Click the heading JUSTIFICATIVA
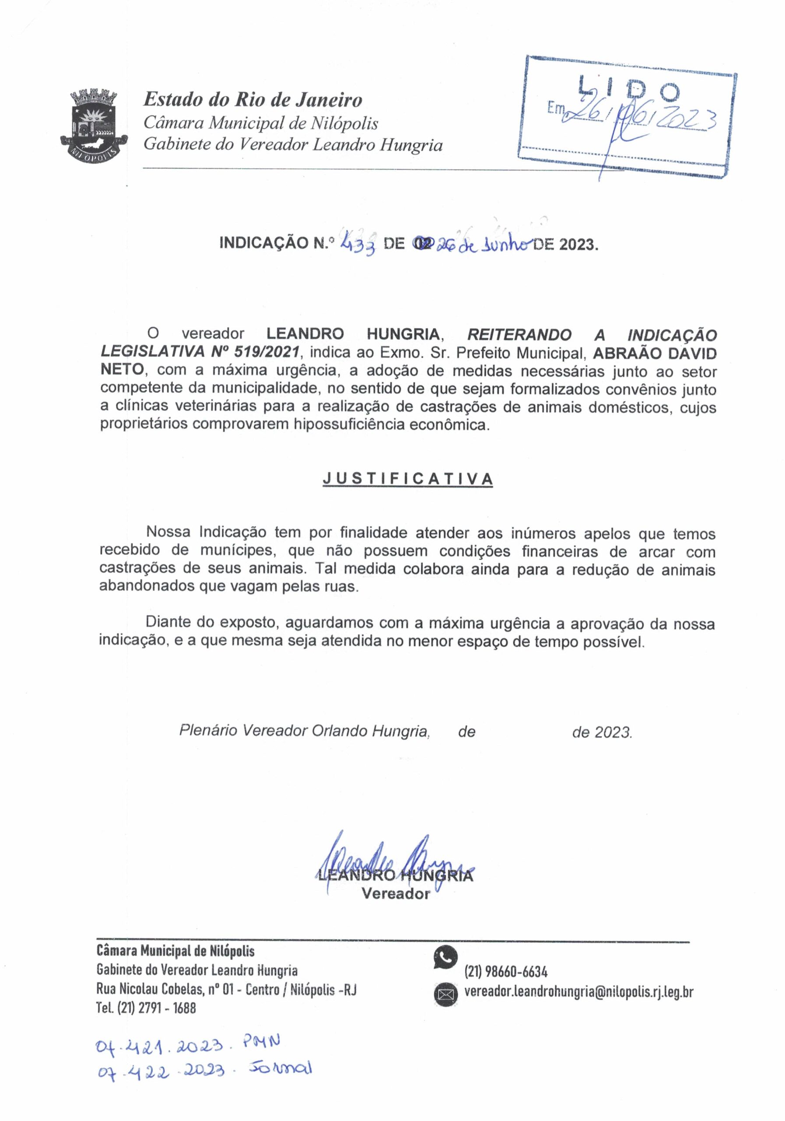click(407, 479)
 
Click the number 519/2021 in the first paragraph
click(267, 352)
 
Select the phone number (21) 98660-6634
click(505, 972)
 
